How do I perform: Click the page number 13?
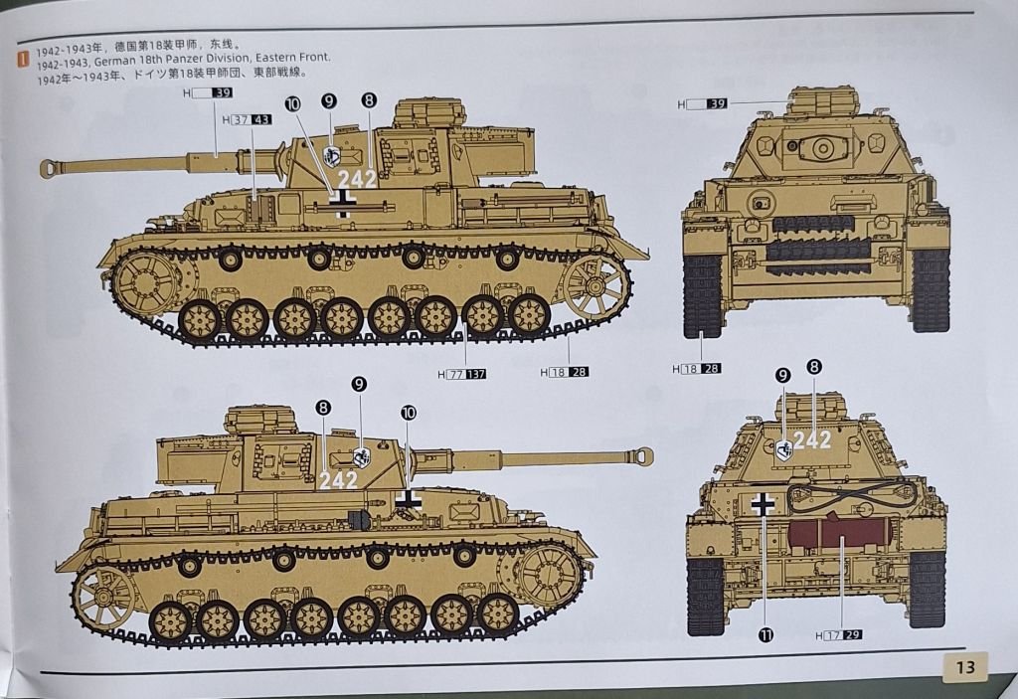964,667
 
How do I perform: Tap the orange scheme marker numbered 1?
24,59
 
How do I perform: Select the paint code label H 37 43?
247,120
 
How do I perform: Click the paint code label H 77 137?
461,374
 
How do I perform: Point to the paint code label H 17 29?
839,635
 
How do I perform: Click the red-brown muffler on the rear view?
836,531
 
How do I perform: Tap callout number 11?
766,634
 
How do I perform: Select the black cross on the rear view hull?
763,504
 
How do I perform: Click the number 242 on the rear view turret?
812,440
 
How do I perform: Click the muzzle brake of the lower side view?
643,455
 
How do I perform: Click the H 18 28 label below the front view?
697,369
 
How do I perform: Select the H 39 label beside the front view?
702,104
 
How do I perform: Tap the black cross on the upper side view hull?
342,203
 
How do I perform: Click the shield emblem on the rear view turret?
784,449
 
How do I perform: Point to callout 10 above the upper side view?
293,104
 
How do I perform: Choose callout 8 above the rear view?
814,367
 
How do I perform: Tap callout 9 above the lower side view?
359,384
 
